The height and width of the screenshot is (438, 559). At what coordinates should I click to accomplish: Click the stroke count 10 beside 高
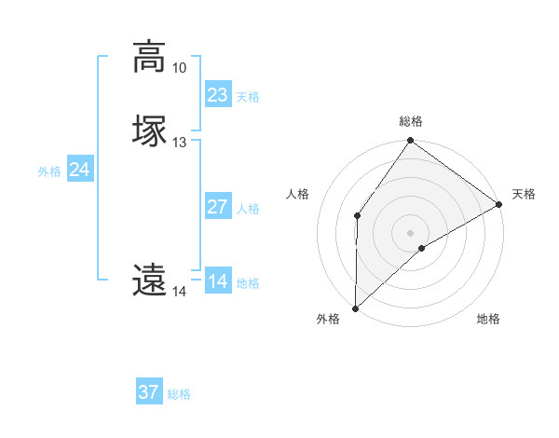179,68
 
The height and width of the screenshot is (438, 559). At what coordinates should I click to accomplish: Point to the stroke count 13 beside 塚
179,143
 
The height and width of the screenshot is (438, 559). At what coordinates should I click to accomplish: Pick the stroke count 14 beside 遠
179,292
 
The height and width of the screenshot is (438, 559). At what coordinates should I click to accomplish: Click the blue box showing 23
217,94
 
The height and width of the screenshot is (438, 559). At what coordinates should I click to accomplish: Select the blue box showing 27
217,206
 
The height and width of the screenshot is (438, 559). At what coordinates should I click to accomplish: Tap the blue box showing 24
80,169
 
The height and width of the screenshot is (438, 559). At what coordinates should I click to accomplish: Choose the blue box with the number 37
148,392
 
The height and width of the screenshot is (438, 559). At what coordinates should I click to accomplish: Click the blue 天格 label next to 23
248,97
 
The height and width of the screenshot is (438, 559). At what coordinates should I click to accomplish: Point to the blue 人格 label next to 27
248,209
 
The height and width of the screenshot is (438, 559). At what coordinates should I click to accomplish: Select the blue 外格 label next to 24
48,171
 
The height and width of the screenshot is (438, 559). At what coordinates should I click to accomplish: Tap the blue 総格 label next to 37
179,395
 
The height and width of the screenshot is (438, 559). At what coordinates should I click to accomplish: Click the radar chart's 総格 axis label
411,121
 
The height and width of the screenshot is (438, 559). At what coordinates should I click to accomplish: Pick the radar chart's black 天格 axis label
524,194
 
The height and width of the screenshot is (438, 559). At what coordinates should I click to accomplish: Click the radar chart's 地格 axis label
488,320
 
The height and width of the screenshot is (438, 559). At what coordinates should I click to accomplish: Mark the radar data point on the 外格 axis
355,308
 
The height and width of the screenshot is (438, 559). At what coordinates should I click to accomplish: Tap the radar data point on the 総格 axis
411,141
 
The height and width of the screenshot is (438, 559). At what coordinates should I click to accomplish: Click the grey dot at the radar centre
411,232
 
